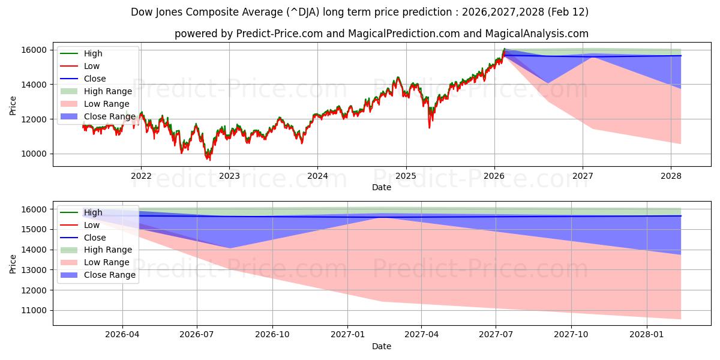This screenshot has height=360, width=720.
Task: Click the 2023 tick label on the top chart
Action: coord(229,176)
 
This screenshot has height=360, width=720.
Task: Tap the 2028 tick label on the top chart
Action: coord(671,176)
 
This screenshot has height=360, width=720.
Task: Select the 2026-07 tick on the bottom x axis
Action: coord(197,335)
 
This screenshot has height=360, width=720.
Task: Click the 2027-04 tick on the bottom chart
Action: coord(422,335)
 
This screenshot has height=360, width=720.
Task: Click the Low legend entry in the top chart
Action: coord(92,66)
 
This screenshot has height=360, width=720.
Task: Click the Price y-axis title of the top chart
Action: coord(13,106)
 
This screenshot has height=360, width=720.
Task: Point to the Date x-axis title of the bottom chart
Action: coord(382,346)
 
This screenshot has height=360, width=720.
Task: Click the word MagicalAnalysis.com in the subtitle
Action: coord(539,34)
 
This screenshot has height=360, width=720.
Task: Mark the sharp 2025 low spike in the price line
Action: coord(429,127)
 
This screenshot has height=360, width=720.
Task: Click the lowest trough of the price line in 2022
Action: coord(209,160)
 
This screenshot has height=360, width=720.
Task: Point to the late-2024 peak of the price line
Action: coord(397,77)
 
